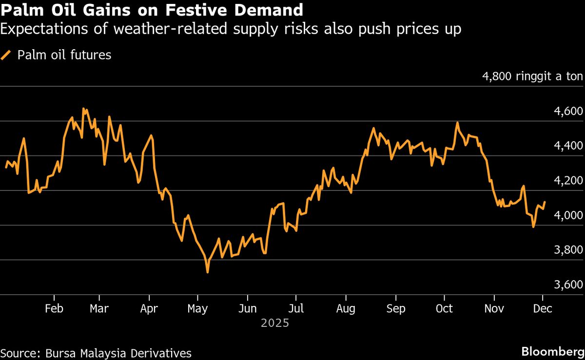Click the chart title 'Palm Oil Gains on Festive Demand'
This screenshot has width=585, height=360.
tap(152, 10)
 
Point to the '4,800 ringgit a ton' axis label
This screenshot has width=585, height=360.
tap(532, 76)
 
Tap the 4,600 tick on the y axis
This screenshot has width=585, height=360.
tap(569, 112)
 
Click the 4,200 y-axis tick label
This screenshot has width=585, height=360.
tap(569, 181)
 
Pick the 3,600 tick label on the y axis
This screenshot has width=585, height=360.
tap(569, 284)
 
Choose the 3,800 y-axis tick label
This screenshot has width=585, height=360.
tap(569, 250)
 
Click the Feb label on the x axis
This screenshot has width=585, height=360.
tap(54, 309)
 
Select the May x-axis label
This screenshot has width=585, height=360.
tap(197, 309)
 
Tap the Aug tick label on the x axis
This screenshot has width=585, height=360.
tap(346, 309)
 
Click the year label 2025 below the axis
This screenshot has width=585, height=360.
tap(275, 323)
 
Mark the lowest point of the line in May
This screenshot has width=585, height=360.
tap(208, 272)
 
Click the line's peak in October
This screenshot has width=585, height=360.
tap(457, 123)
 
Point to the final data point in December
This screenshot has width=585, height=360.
tap(545, 202)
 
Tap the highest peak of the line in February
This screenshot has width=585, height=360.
tap(83, 109)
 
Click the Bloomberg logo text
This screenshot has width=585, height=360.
tap(553, 352)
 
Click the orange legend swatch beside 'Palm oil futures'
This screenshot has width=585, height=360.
tap(6, 55)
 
